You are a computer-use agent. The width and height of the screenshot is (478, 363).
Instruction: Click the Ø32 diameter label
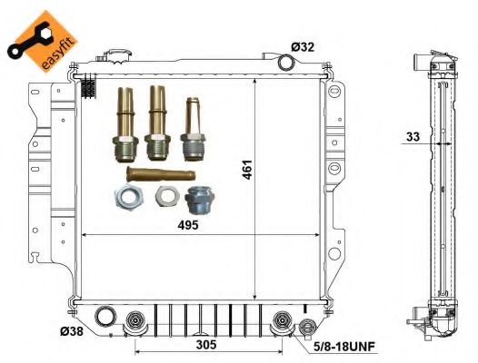pos(303,47)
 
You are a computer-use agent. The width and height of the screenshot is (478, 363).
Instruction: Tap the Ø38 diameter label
pos(72,331)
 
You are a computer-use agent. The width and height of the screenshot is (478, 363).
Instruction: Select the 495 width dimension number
pos(188,225)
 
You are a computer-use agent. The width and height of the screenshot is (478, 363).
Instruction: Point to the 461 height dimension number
pos(247,170)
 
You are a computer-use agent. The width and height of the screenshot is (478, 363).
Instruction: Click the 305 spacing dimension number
pos(206,345)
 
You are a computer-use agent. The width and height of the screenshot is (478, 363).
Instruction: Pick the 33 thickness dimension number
pos(413,137)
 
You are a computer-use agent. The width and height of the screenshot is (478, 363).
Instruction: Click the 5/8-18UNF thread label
pos(344,347)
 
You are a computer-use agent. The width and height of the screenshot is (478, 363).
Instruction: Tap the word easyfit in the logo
pos(59,54)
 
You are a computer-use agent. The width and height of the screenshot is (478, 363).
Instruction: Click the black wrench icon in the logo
pos(28,40)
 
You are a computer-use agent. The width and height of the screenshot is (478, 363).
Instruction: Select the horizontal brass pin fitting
pos(161,174)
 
